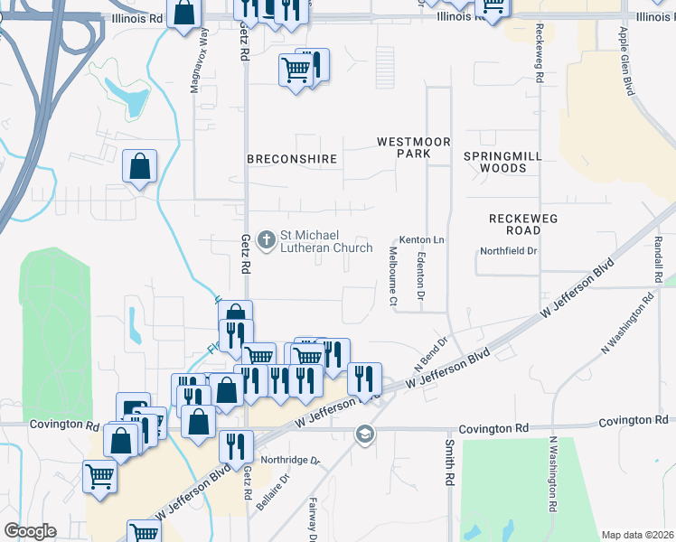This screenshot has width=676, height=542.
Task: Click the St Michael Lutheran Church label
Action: click(x=326, y=241)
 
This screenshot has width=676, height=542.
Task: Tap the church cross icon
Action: click(x=266, y=239)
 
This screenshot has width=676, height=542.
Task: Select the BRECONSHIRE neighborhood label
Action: click(x=292, y=159)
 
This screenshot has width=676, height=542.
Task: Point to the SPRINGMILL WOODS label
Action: click(x=503, y=162)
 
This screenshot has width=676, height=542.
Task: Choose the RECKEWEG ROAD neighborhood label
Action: click(x=523, y=225)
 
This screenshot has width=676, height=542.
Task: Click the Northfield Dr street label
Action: click(x=509, y=251)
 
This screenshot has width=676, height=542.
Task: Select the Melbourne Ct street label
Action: click(x=393, y=276)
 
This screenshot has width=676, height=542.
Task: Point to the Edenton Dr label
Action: click(x=421, y=276)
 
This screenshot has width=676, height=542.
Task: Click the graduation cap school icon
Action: click(x=364, y=435)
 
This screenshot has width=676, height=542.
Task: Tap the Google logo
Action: click(x=30, y=531)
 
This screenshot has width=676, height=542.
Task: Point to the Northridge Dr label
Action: click(x=291, y=460)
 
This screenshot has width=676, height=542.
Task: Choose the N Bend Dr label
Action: click(x=431, y=353)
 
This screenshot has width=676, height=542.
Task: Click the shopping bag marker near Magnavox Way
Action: click(x=140, y=167)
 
